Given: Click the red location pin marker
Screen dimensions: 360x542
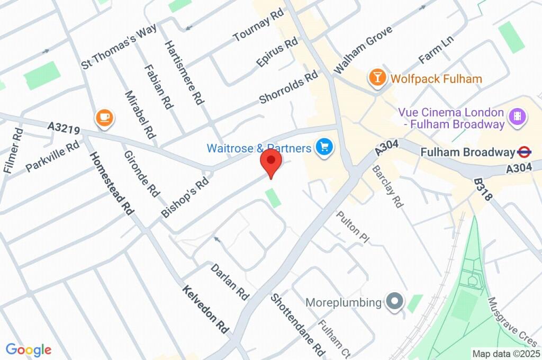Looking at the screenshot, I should (x=271, y=161).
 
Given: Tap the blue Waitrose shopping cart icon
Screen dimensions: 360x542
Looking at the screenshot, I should (x=323, y=148).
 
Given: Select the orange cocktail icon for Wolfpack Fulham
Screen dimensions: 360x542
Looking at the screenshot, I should (x=377, y=78).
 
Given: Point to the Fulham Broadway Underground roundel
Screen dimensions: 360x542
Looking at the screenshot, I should (x=524, y=152).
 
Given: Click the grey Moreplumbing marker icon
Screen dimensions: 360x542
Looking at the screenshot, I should (x=394, y=302).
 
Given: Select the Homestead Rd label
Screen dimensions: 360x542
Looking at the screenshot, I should (x=112, y=183).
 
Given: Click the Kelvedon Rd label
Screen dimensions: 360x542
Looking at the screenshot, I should (x=206, y=310).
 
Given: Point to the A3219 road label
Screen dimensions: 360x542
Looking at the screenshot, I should (x=64, y=128).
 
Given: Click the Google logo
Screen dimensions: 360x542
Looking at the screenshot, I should (x=28, y=349).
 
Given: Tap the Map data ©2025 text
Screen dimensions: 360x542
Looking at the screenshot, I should (x=506, y=354).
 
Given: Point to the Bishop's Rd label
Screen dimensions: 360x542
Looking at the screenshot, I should (x=185, y=197).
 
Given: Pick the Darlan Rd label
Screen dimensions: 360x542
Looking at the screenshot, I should (x=230, y=281).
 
